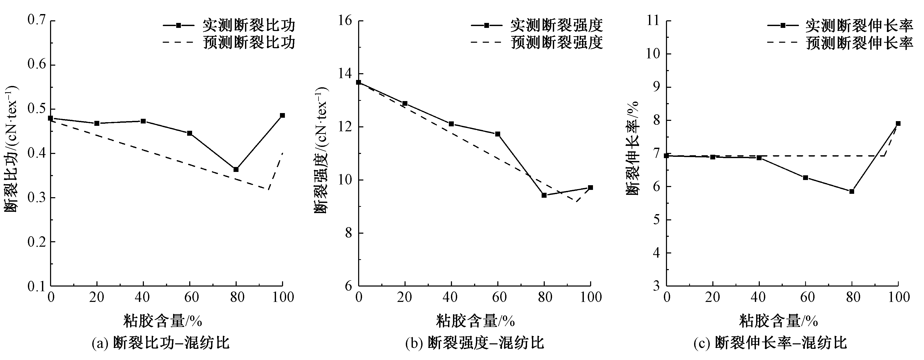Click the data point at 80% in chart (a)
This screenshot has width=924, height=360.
236,169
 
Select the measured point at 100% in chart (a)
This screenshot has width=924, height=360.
282,115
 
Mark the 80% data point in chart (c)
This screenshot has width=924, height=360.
852,191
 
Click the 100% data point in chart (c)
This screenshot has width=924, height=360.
898,123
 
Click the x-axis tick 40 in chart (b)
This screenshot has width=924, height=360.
451,297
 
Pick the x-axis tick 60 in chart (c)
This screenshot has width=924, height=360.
805,297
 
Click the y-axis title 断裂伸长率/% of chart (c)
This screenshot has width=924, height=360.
633,148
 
